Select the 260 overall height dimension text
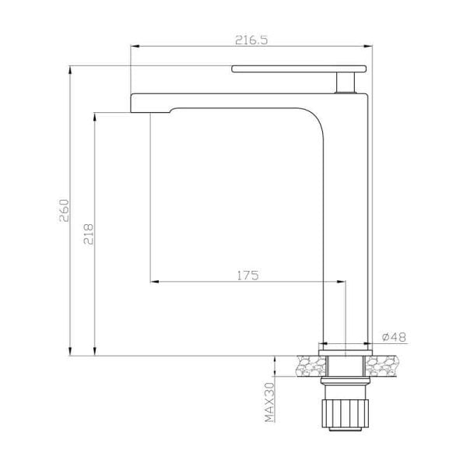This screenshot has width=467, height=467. coord(65,210)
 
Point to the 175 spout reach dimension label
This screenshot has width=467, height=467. coord(247,275)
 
